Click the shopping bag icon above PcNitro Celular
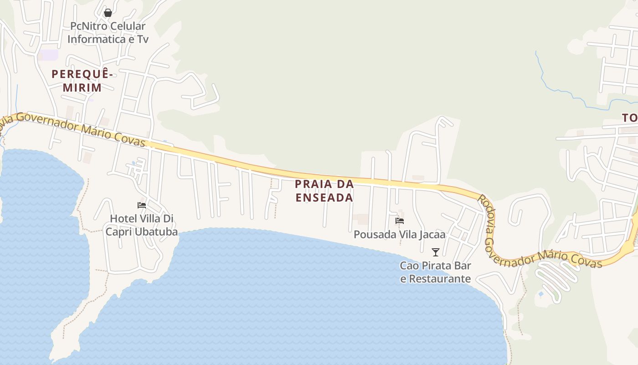click(x=108, y=13)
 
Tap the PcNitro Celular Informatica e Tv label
click(x=108, y=33)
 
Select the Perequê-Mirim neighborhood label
click(x=82, y=80)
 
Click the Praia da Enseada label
click(x=324, y=191)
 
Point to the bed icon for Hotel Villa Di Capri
click(x=142, y=205)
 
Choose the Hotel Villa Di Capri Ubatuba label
click(x=141, y=225)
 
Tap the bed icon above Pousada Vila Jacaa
click(x=400, y=221)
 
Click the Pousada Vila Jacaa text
click(x=400, y=235)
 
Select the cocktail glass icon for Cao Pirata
click(x=436, y=252)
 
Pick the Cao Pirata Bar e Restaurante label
click(x=436, y=272)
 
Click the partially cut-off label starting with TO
click(x=630, y=118)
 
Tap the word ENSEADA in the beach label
click(x=324, y=198)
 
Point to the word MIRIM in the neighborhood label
click(x=82, y=87)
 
